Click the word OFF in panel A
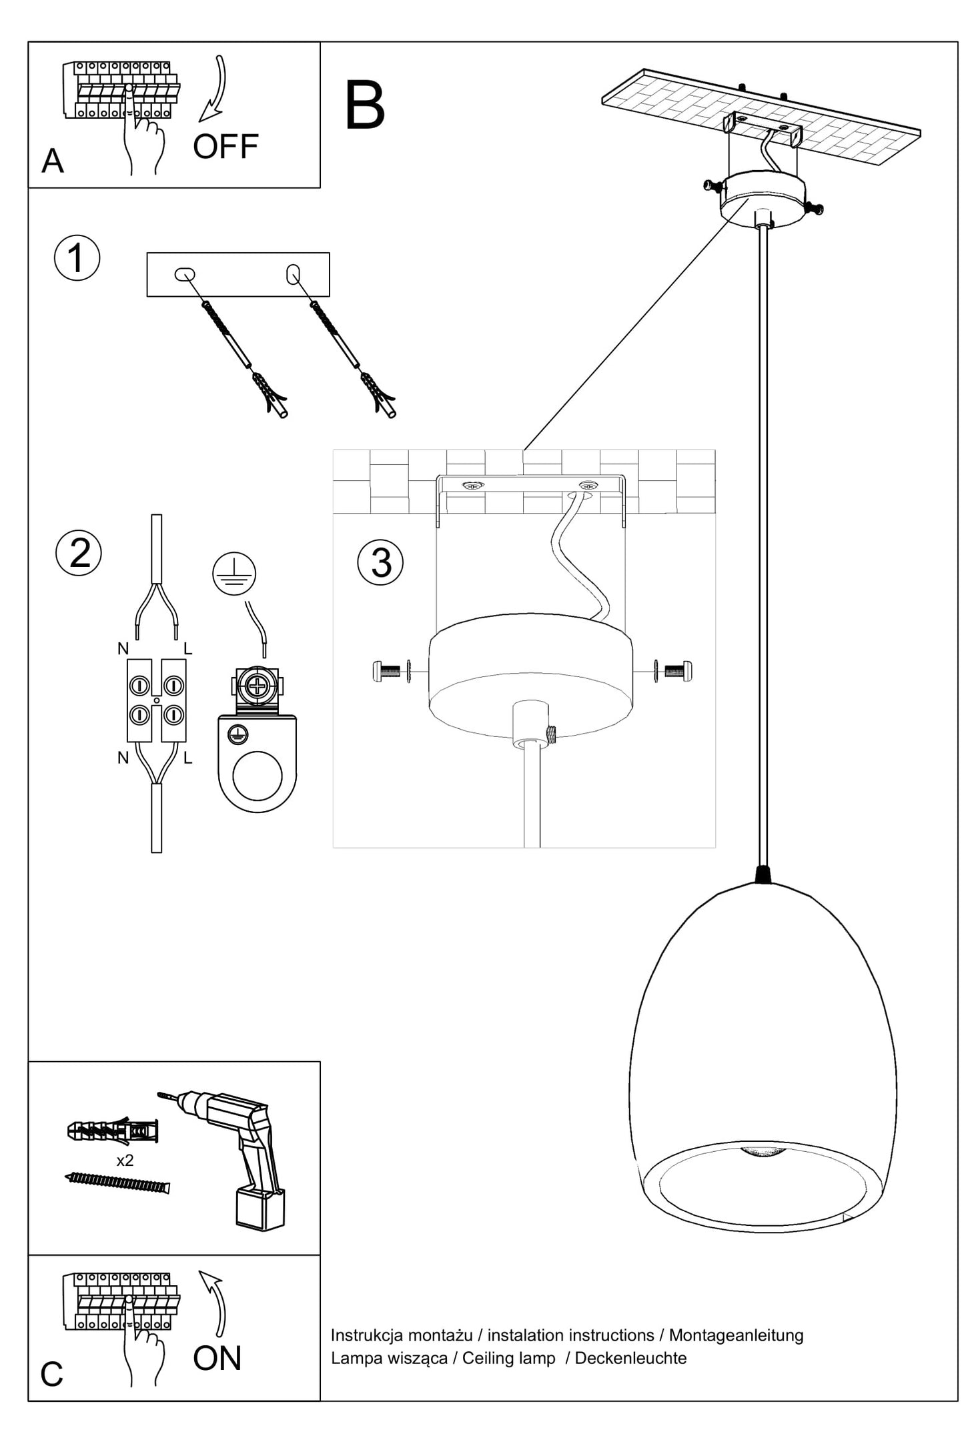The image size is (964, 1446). (x=225, y=147)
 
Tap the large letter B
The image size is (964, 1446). (x=364, y=107)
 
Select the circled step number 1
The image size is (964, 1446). (x=77, y=258)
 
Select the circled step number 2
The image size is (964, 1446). (x=79, y=553)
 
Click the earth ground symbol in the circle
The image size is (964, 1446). (x=234, y=574)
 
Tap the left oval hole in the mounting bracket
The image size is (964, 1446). (x=185, y=274)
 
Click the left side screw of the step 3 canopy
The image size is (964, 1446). (x=390, y=670)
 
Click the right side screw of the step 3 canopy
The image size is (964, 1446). (x=676, y=669)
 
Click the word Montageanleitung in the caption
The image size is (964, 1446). (x=736, y=1335)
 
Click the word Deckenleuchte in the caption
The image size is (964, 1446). (x=630, y=1358)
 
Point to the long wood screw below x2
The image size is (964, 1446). (x=118, y=1183)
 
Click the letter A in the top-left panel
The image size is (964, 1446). (x=53, y=161)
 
